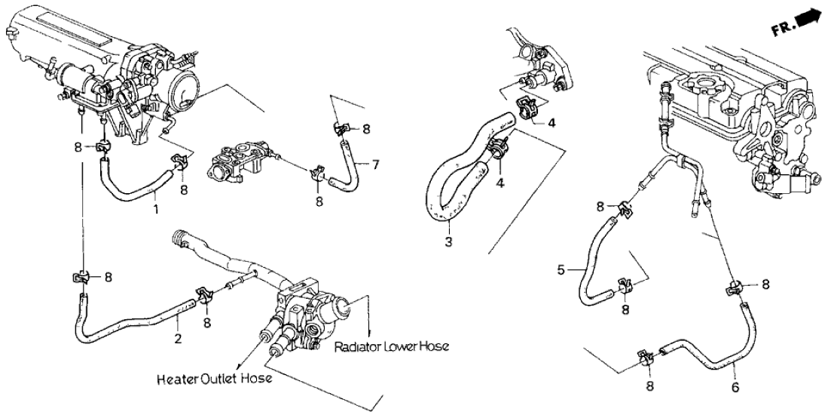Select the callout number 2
[178, 339]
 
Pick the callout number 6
[735, 389]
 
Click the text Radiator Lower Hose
[392, 347]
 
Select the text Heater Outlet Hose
[215, 379]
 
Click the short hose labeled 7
[348, 166]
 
